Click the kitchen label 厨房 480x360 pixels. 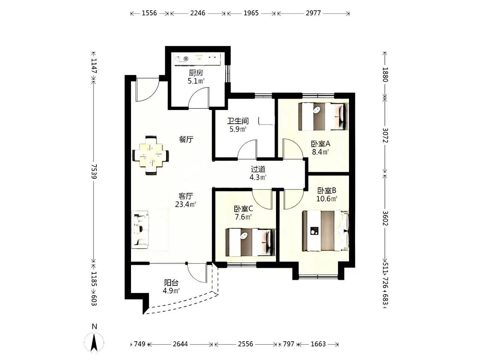click(196, 73)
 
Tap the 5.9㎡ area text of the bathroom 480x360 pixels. click(238, 129)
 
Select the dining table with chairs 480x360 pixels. click(150, 155)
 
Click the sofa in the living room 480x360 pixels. click(140, 229)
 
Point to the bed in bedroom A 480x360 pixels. click(323, 116)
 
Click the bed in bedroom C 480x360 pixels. click(250, 242)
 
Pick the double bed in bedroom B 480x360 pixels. click(326, 230)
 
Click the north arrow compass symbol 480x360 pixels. click(94, 342)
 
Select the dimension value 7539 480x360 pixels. click(94, 172)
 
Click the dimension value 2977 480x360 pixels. click(313, 13)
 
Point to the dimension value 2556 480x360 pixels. click(245, 344)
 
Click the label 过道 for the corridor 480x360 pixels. click(258, 169)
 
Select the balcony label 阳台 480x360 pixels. click(172, 283)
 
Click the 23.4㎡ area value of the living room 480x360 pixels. click(186, 204)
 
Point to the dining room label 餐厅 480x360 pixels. click(186, 139)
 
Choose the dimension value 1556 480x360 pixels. click(149, 13)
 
